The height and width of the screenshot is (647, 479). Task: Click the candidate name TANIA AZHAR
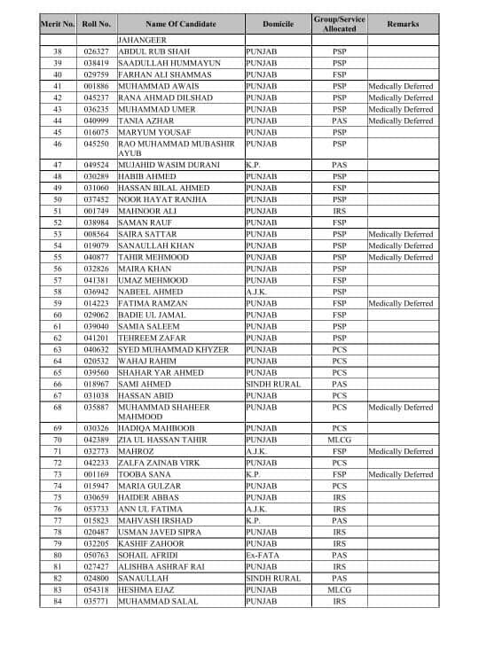[x=145, y=121]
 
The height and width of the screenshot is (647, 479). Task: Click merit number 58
[x=58, y=292]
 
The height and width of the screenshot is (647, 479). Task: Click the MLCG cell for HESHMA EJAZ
[x=340, y=590]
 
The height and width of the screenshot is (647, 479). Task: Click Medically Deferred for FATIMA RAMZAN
[x=400, y=303]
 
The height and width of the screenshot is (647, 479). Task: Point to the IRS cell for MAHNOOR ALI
[x=340, y=211]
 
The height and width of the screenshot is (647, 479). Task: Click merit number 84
[x=58, y=602]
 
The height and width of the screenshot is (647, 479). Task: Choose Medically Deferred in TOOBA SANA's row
[x=400, y=475]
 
